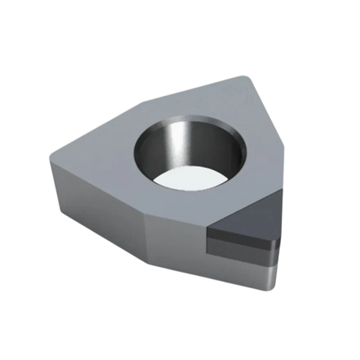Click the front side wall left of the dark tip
176,240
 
